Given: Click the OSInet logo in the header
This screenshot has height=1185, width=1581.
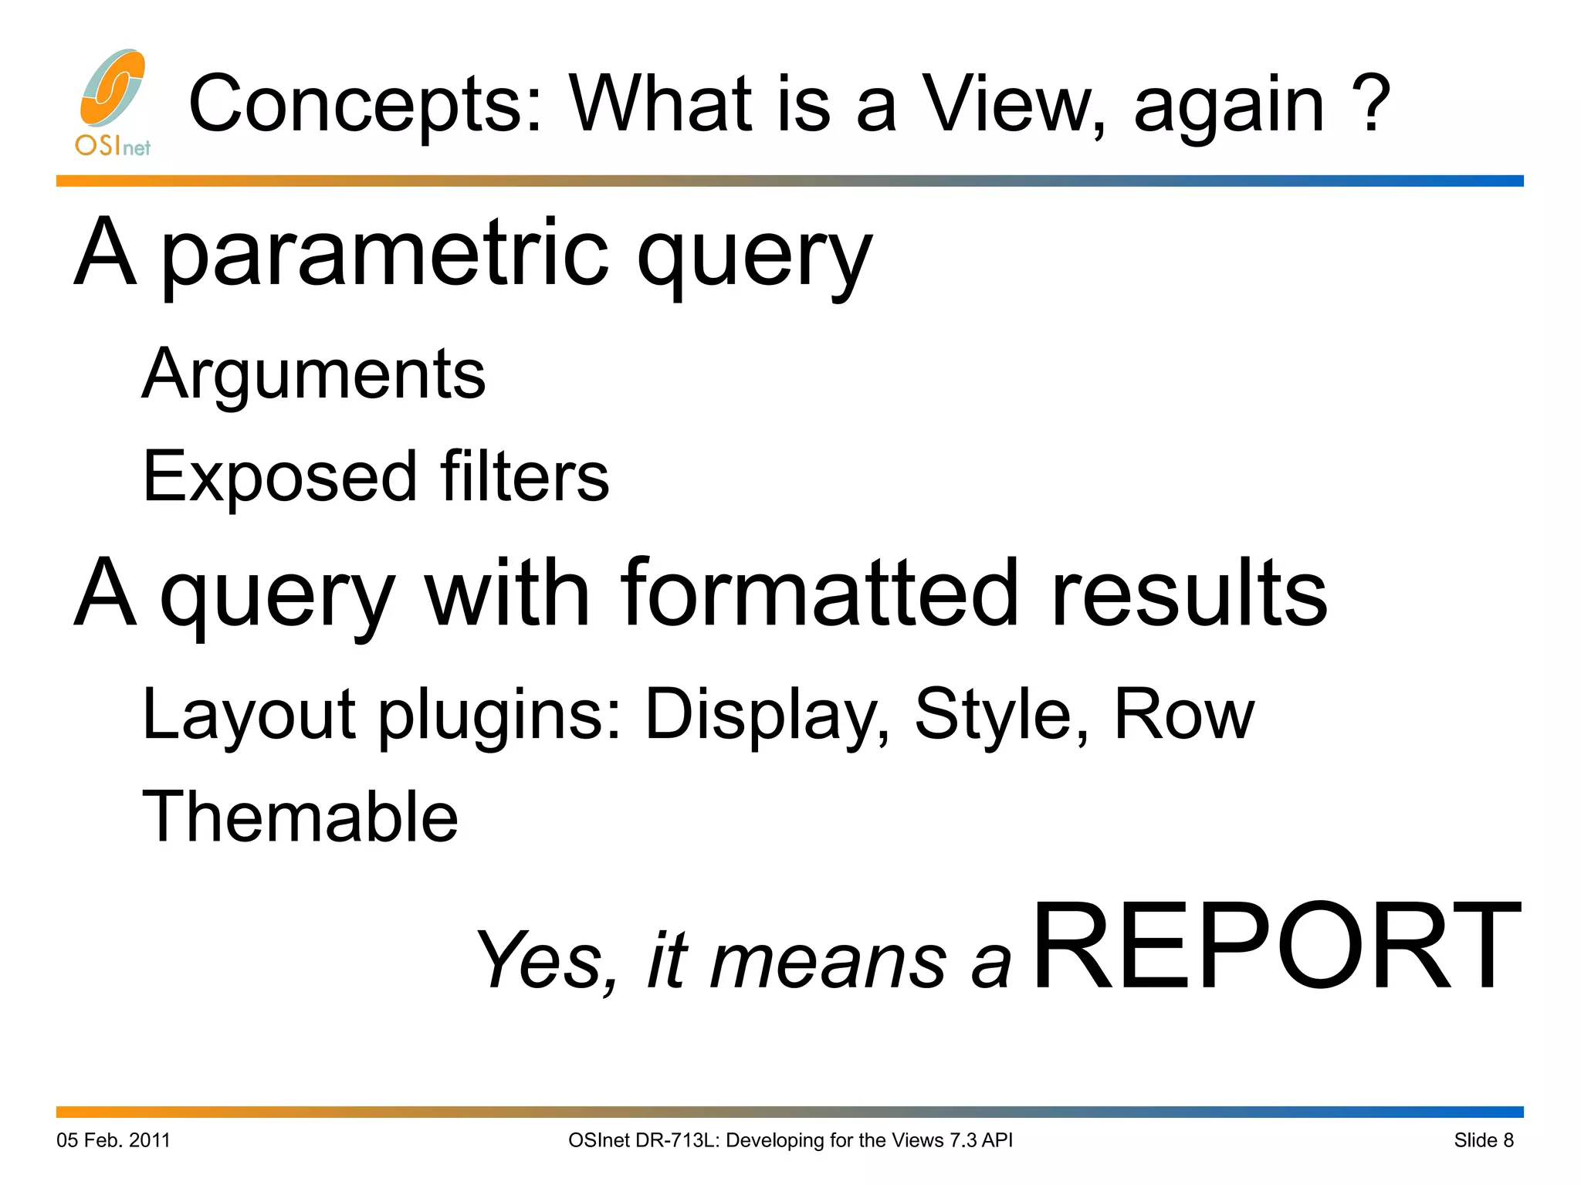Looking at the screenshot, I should tap(113, 102).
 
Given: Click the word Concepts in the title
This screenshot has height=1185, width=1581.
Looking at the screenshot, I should tap(365, 104).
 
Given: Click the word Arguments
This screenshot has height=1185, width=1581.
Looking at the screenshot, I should tap(313, 374).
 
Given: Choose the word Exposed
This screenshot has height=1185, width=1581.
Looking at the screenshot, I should tap(279, 477).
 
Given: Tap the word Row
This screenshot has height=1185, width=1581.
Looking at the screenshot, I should tap(1184, 714).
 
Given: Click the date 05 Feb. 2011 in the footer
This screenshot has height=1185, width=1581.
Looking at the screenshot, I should tap(113, 1140).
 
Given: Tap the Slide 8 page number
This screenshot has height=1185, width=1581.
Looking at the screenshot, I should tap(1484, 1140).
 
